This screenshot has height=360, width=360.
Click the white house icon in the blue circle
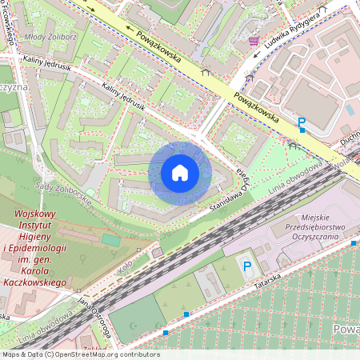180,172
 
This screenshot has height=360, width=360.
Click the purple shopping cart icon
254,40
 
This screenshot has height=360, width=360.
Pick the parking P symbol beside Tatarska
247,266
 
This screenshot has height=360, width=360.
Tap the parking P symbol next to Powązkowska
302,122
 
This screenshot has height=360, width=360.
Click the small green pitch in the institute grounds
111,240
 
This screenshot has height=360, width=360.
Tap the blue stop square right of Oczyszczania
354,241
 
